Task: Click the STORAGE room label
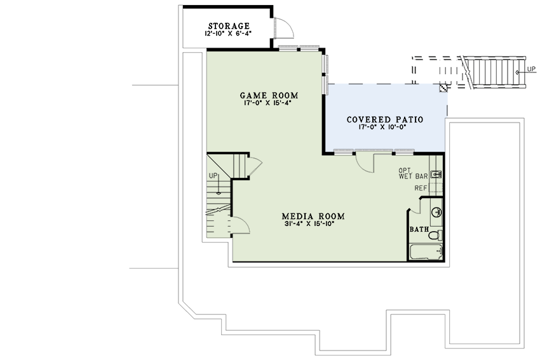229,26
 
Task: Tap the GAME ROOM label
269,95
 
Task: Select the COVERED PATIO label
385,119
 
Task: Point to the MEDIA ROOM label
313,216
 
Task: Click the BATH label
419,229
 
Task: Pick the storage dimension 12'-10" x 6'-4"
228,34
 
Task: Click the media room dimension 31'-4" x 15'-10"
310,223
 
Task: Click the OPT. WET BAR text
413,173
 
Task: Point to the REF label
421,189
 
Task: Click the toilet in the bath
435,235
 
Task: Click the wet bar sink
436,174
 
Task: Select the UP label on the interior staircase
213,176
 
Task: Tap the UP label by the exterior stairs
531,69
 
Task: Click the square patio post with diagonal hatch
443,88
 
